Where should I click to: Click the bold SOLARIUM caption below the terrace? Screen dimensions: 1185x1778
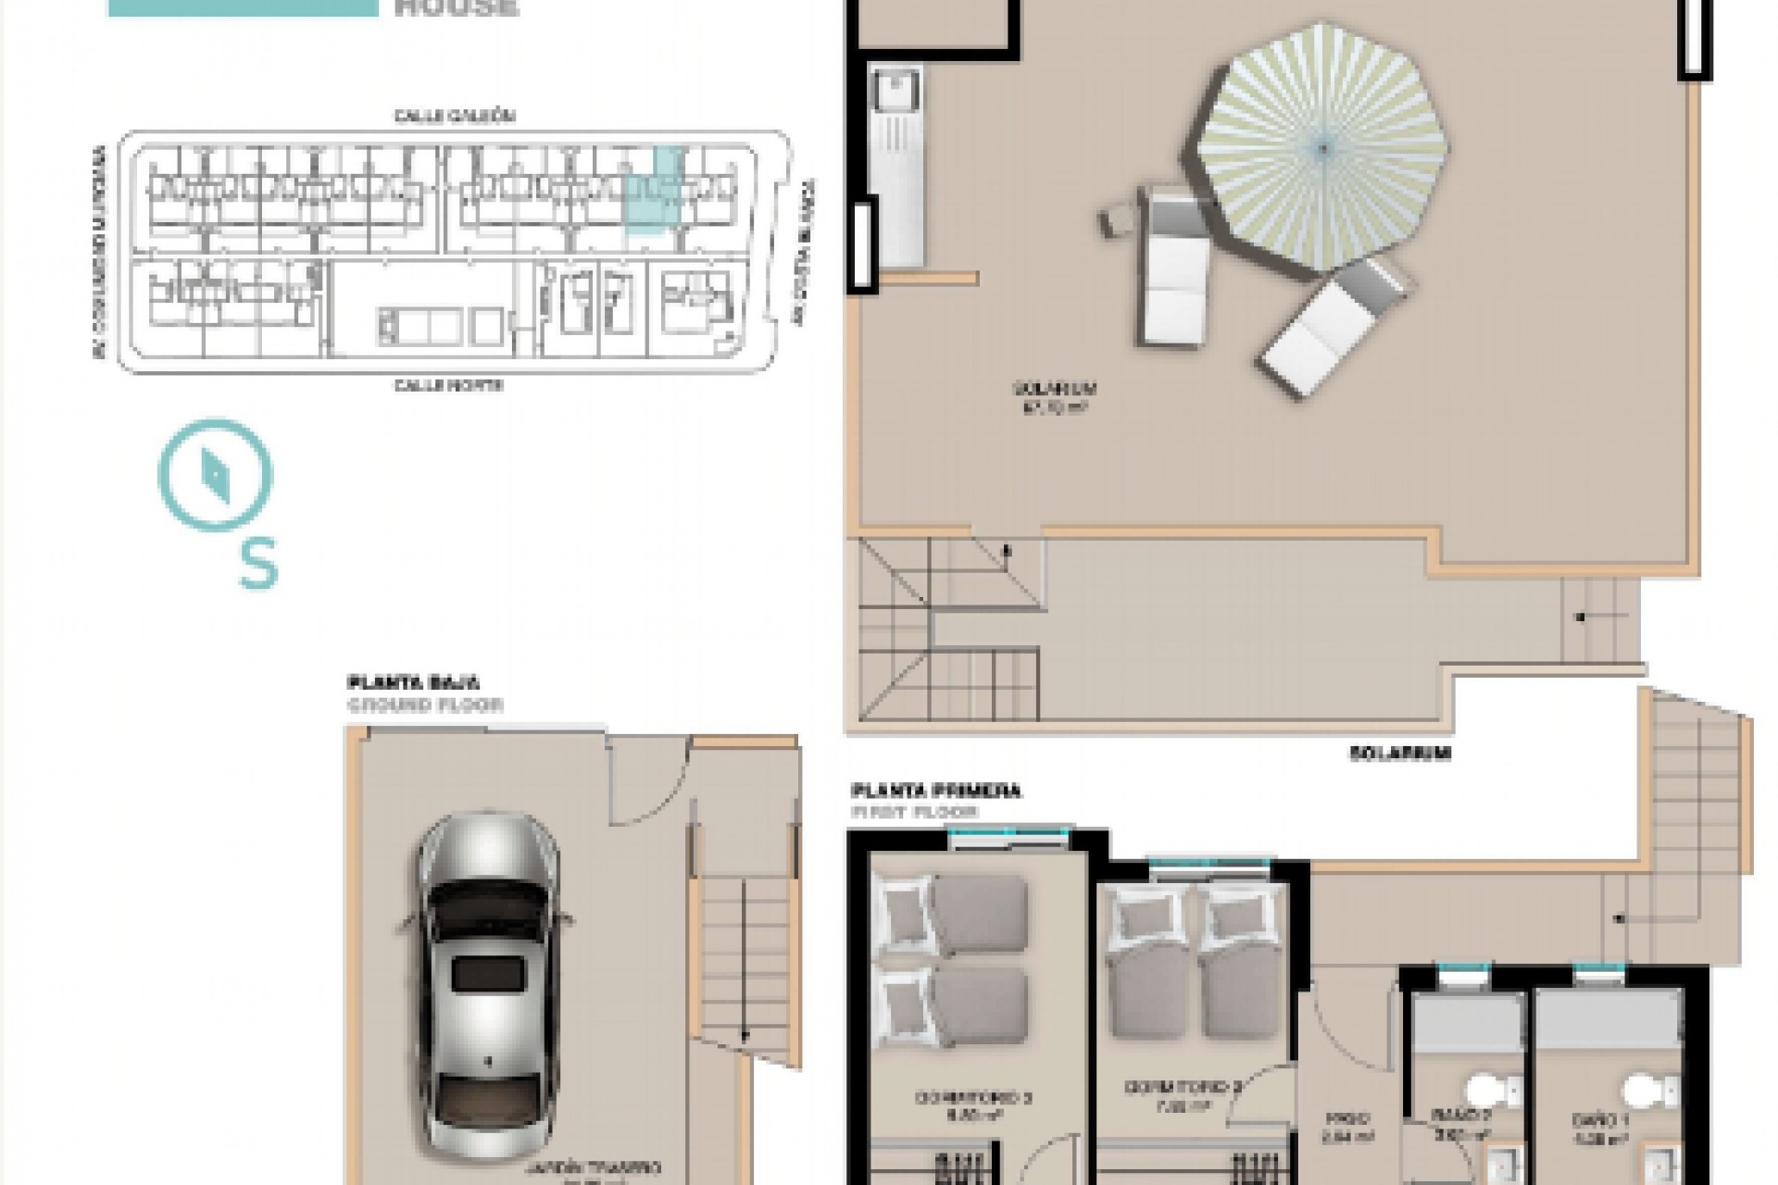[1399, 754]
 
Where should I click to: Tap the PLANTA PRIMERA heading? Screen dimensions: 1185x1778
[935, 791]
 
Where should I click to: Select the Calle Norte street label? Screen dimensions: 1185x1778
[449, 385]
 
